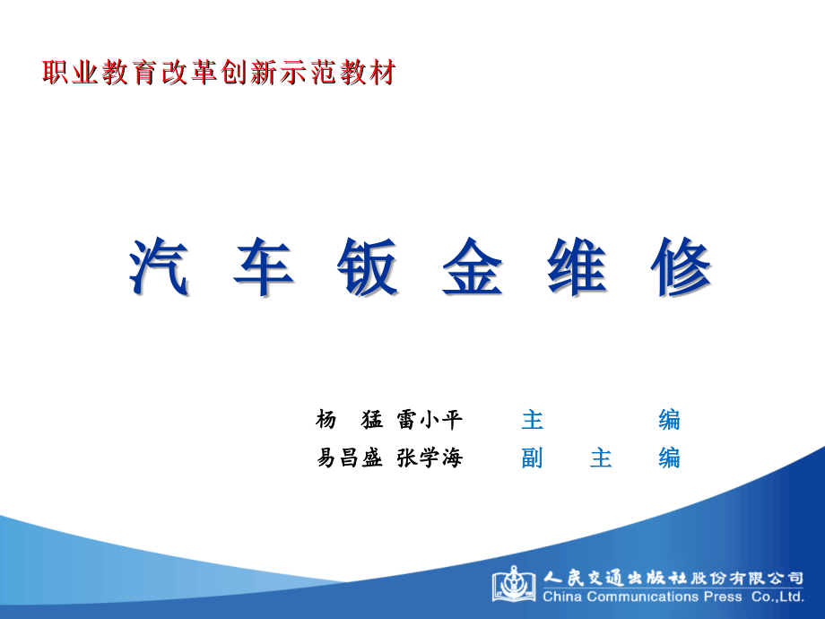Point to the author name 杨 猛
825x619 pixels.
(x=350, y=419)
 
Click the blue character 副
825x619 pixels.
(x=533, y=458)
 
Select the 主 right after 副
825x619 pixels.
(x=601, y=458)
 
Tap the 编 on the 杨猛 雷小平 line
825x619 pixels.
(x=669, y=419)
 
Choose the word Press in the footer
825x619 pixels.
(x=723, y=597)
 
